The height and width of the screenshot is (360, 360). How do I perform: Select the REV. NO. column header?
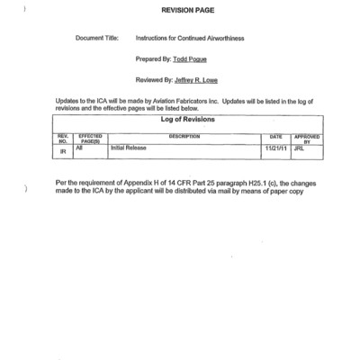[x=63, y=139]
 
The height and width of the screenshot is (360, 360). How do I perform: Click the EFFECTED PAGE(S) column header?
[x=90, y=139]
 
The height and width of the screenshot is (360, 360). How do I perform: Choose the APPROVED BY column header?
[x=307, y=139]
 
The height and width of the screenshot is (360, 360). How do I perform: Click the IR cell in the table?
[x=63, y=152]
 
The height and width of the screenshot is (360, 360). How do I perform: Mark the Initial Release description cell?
[x=129, y=148]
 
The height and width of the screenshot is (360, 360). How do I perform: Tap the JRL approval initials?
[x=299, y=148]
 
